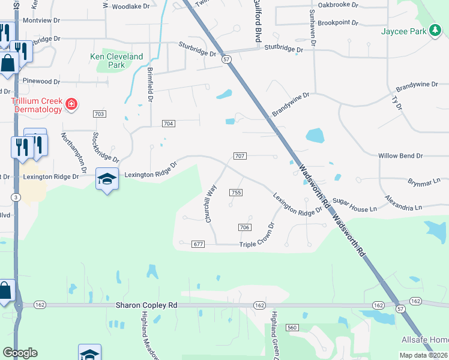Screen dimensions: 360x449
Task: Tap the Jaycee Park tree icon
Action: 436,32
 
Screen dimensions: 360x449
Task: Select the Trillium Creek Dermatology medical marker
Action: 71,105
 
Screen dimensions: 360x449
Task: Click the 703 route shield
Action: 100,113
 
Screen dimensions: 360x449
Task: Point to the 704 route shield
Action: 169,124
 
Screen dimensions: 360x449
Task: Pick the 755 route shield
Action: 235,192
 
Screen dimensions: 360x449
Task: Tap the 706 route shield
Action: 244,227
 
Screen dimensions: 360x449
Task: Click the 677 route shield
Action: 199,244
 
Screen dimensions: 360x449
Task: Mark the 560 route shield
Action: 292,328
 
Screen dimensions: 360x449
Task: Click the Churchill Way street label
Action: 211,203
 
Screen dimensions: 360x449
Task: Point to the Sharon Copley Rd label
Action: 146,305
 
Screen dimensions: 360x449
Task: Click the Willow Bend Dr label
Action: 400,156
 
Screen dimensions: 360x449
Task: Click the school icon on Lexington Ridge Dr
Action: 107,179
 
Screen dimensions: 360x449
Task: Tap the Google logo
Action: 20,353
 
